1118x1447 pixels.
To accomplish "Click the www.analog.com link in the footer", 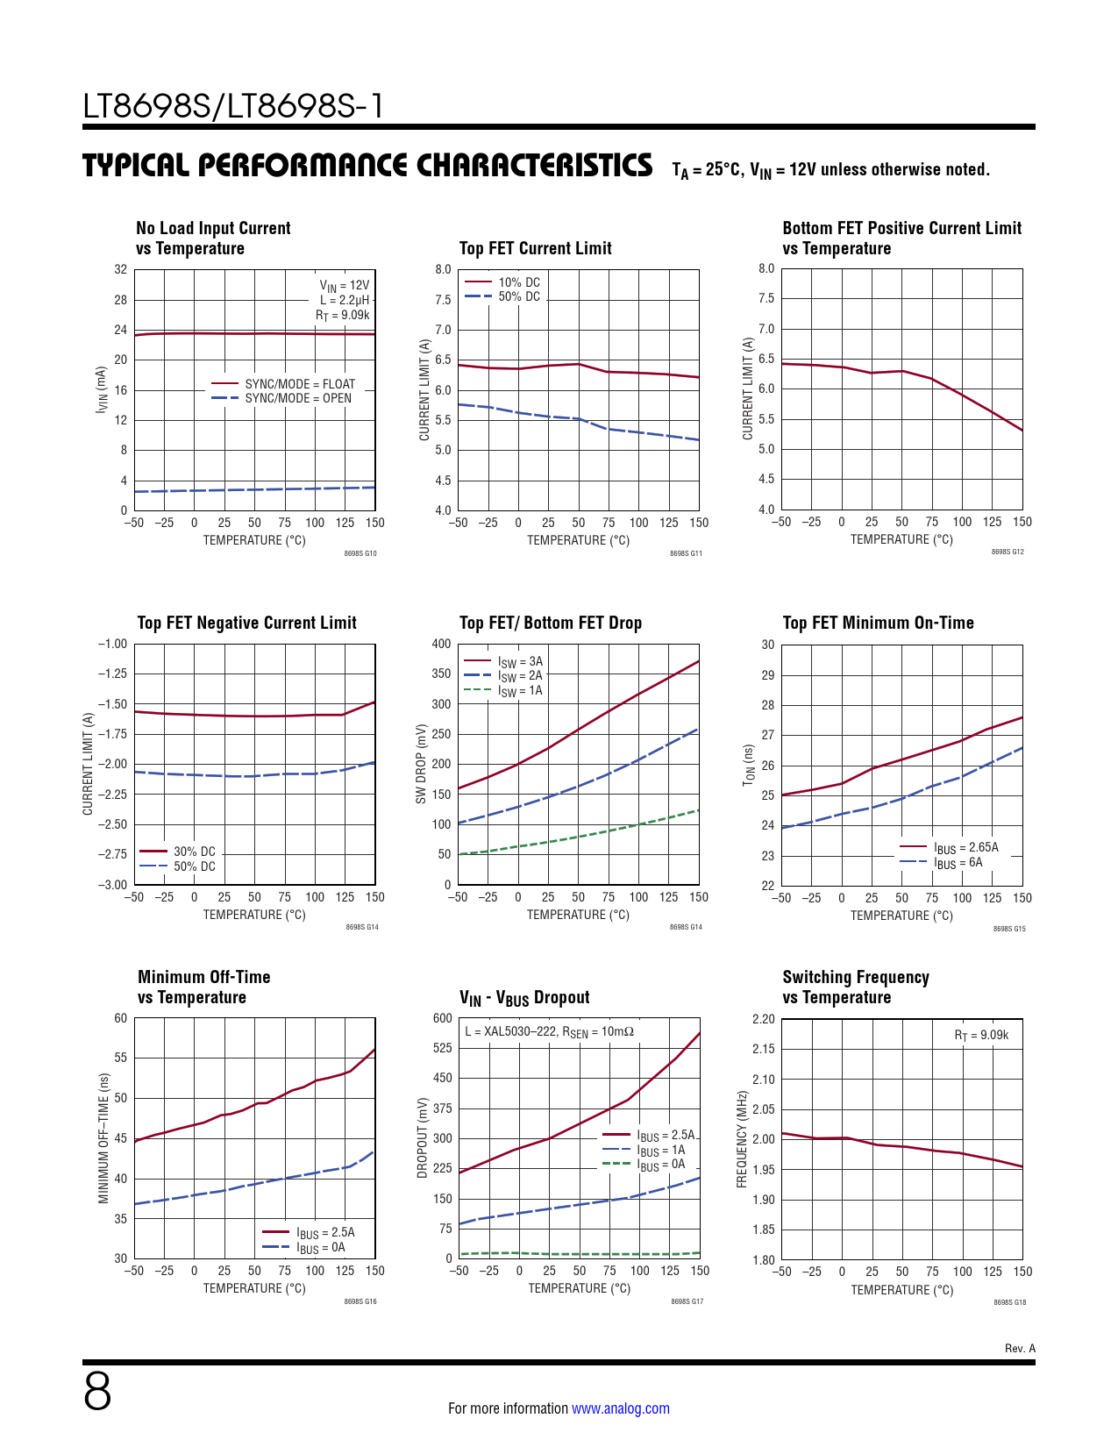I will (x=620, y=1408).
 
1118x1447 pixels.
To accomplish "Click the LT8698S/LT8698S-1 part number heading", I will (x=233, y=106).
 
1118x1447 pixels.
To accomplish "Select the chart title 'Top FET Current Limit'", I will (x=535, y=248).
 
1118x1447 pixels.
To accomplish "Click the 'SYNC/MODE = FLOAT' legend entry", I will (x=300, y=384).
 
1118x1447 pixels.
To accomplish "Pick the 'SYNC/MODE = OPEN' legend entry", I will (x=298, y=398).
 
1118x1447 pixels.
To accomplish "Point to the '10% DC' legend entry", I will (x=519, y=282).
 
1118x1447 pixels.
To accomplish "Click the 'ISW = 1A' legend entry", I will (x=520, y=691).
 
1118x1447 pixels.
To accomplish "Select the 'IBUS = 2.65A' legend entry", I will (x=965, y=848).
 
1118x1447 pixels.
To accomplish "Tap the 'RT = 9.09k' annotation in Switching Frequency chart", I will (x=981, y=1035).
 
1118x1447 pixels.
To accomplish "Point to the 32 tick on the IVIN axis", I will (x=120, y=269).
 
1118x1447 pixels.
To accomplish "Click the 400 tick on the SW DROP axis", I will (x=441, y=644).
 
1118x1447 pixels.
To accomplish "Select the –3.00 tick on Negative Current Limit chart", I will (x=112, y=885).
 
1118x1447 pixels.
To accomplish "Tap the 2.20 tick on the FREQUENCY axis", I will (x=763, y=1019).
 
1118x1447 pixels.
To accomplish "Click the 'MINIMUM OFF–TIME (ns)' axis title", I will (x=103, y=1138).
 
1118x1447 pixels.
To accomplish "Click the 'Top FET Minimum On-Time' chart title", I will (x=878, y=623).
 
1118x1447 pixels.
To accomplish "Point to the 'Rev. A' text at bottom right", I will (x=1020, y=1349).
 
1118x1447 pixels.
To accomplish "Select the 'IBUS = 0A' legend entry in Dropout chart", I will (x=661, y=1165).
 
